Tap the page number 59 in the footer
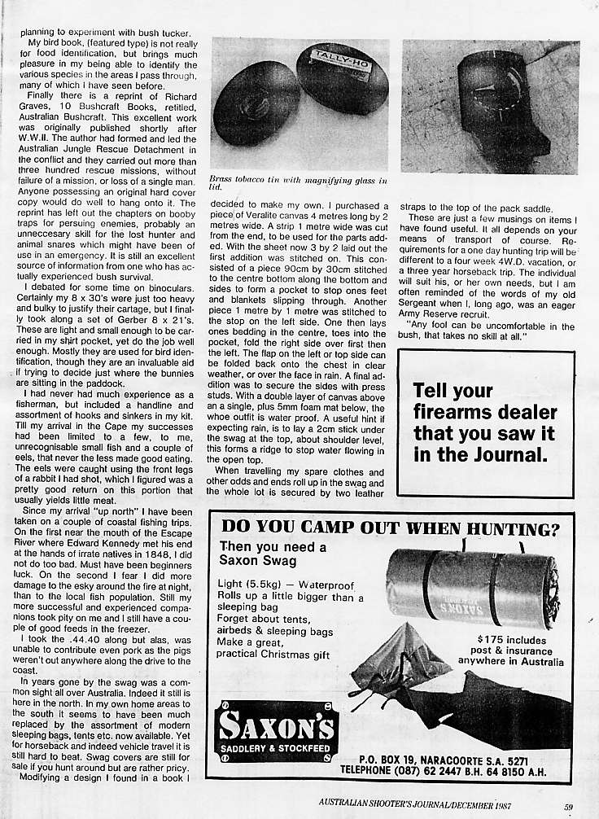tap(568, 807)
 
